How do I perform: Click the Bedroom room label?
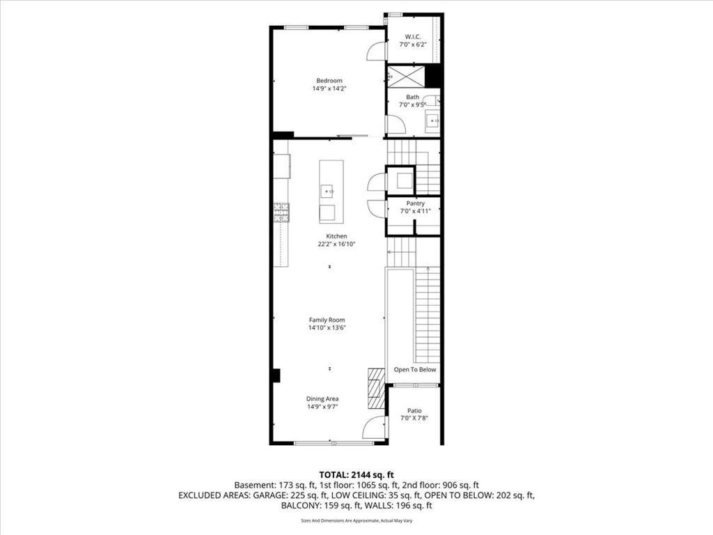[329, 81]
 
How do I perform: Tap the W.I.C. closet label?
[413, 36]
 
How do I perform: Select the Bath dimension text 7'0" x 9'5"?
[412, 104]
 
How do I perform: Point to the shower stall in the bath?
[406, 76]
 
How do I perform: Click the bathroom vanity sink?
[432, 121]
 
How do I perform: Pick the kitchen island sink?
[327, 192]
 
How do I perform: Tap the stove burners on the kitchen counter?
[281, 213]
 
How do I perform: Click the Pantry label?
[415, 203]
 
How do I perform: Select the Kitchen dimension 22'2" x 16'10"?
[336, 244]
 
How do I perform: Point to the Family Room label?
[327, 320]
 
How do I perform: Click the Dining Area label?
[322, 399]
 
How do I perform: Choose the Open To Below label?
[415, 369]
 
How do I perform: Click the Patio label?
[414, 411]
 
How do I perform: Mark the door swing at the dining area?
[374, 427]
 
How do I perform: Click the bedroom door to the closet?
[377, 51]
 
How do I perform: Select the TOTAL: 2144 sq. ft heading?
[356, 475]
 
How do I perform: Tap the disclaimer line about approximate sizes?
[356, 520]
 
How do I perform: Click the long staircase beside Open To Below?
[428, 315]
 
